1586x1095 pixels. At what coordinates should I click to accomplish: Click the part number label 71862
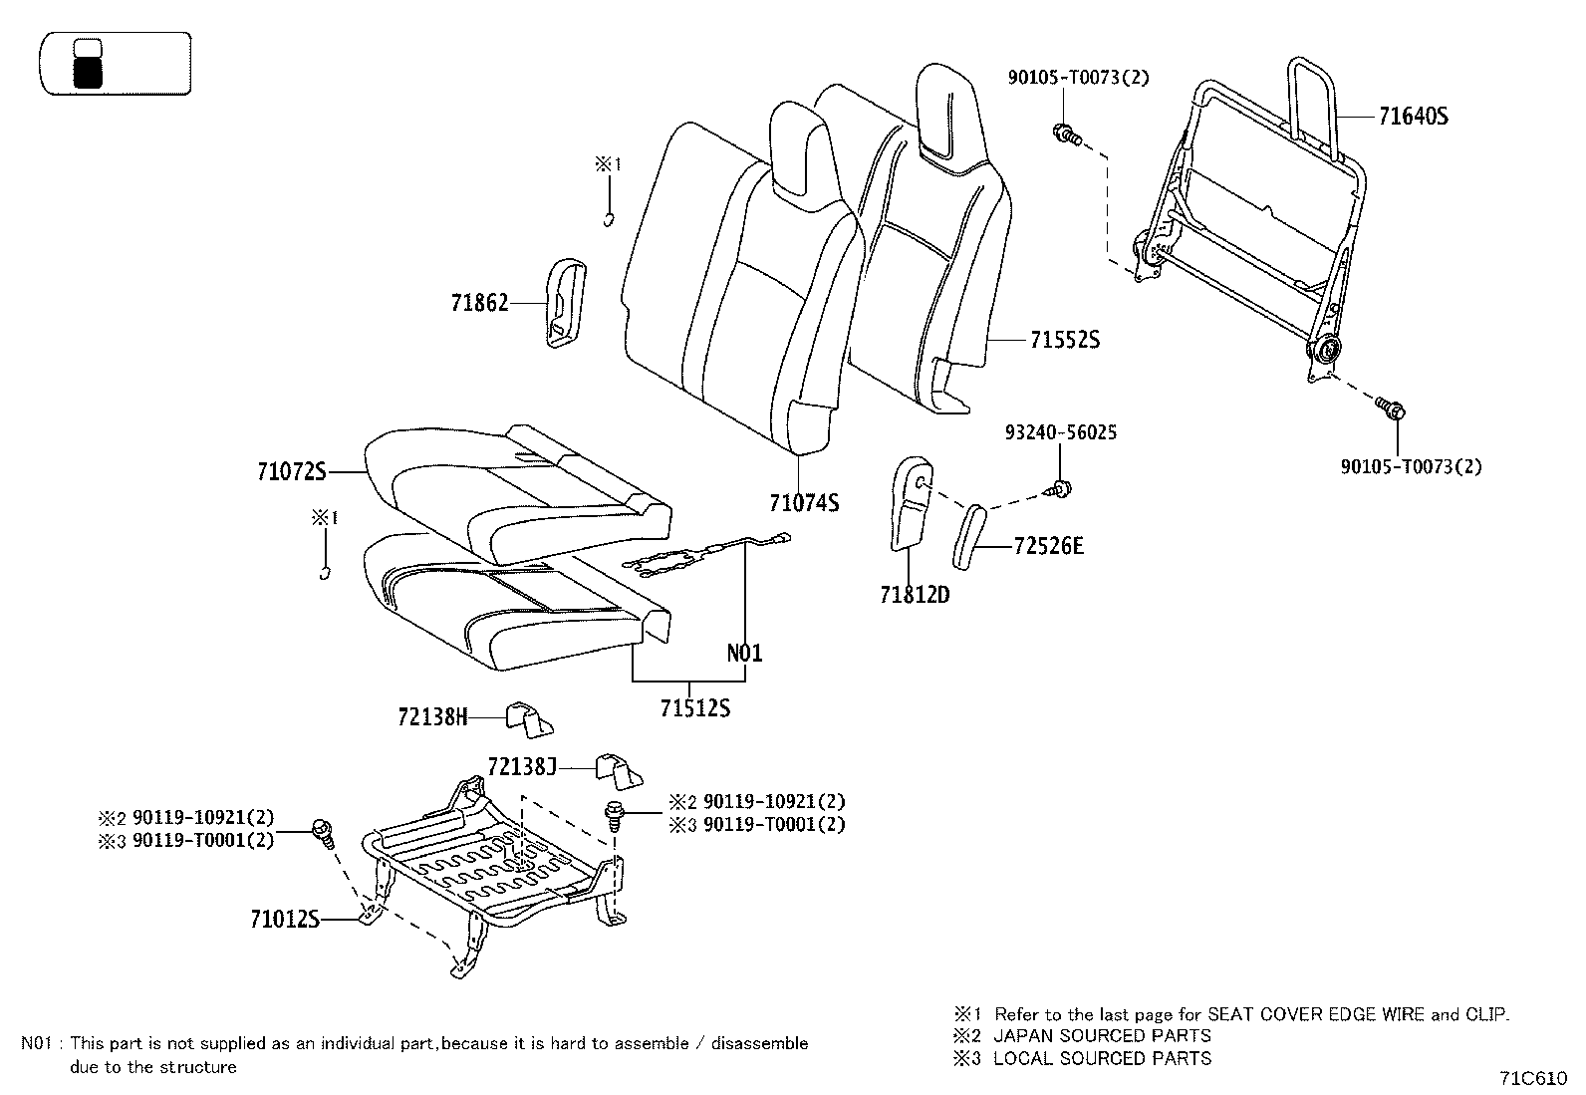tap(479, 303)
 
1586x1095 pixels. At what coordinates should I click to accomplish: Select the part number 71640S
tap(1413, 117)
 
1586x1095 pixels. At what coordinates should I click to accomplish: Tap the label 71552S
tap(1064, 341)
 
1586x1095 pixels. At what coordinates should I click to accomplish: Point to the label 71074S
tap(803, 503)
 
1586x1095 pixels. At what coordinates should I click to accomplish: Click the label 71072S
tap(291, 472)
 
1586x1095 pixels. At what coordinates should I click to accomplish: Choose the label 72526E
tap(1048, 546)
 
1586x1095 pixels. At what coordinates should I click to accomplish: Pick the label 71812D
tap(914, 596)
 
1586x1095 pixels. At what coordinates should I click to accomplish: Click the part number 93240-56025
tap(1060, 433)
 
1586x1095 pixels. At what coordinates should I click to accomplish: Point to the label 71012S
tap(284, 919)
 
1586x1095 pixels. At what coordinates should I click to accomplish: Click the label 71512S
tap(694, 708)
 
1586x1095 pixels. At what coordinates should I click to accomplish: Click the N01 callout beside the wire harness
tap(744, 654)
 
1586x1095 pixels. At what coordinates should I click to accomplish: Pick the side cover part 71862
tap(564, 304)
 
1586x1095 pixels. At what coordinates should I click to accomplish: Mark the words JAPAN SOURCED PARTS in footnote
tap(1102, 1036)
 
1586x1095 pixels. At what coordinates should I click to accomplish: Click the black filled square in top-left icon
tap(88, 72)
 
